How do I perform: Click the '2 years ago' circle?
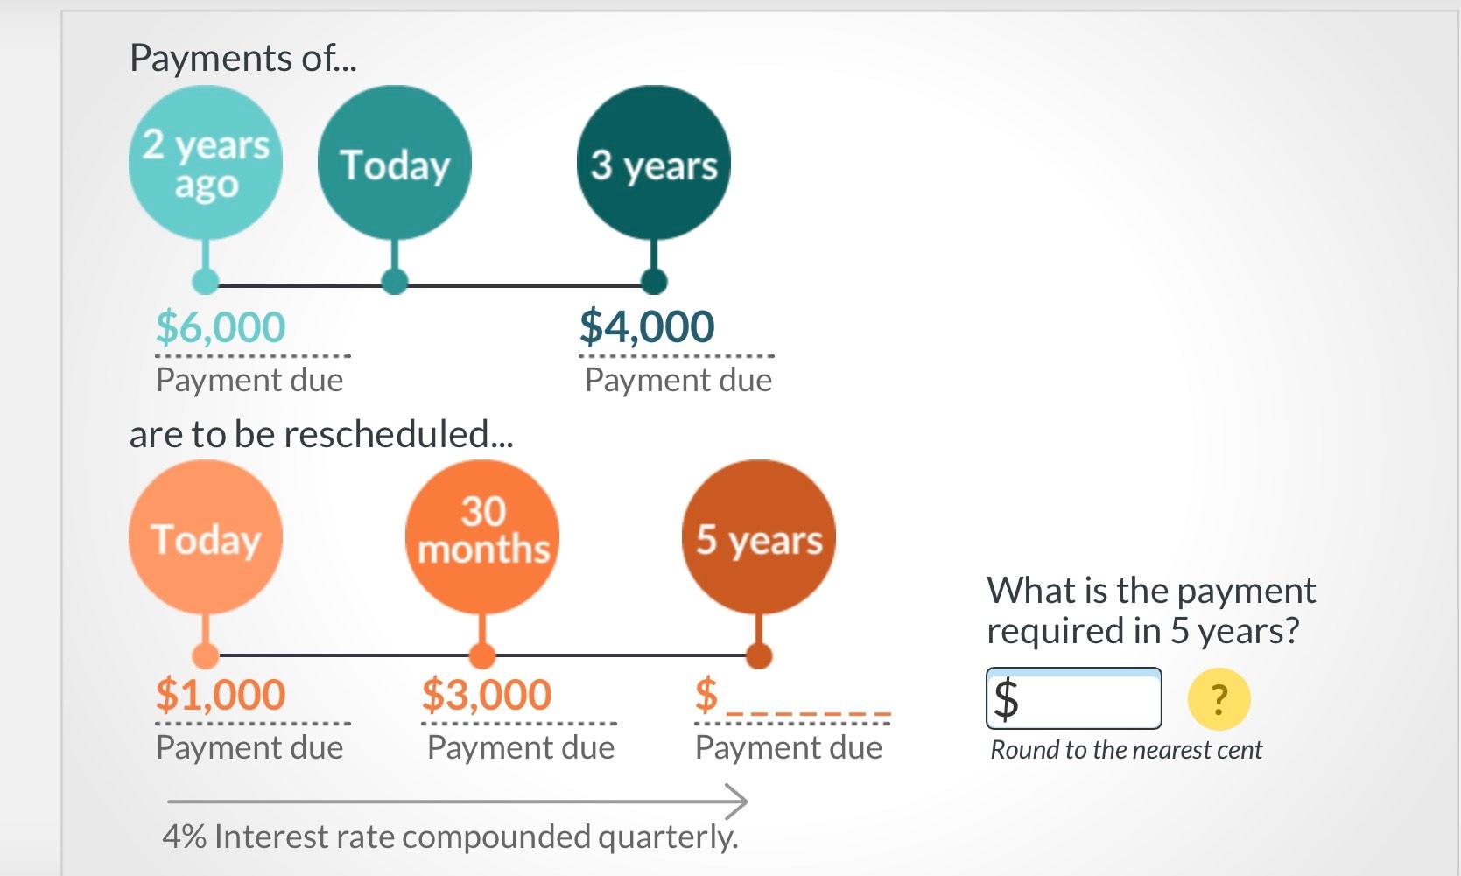205,163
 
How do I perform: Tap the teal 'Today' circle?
394,163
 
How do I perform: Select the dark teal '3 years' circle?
653,163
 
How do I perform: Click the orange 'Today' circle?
205,537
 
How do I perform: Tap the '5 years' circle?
758,537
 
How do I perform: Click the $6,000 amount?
221,327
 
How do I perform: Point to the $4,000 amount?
646,327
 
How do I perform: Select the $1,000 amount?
221,695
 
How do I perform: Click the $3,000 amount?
487,695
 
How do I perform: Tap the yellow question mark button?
1219,699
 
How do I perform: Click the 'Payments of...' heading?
242,59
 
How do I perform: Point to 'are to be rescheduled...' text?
320,434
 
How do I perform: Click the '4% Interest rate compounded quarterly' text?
450,837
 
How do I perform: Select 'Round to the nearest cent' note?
1126,750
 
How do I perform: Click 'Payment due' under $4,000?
678,381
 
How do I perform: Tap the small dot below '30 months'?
482,655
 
